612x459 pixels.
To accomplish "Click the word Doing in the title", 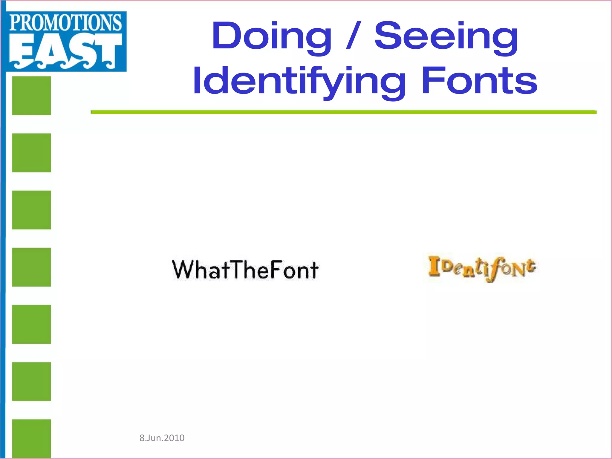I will (271, 37).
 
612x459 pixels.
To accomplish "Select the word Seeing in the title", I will (446, 37).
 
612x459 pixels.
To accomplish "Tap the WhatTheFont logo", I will (245, 270).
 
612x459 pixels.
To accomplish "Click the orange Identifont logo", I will (482, 268).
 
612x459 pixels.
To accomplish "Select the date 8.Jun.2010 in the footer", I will (162, 438).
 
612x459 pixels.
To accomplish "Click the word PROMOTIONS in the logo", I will (66, 23).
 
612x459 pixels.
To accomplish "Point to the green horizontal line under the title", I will (344, 112).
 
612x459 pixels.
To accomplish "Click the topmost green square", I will (31, 96).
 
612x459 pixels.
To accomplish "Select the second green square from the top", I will (31, 153).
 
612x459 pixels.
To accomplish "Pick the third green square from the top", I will (31, 210).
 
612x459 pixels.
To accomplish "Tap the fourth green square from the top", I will (31, 267).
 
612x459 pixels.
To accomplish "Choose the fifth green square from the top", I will (31, 324).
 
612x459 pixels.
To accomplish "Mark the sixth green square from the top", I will (31, 381).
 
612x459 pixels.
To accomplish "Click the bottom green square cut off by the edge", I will (31, 438).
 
